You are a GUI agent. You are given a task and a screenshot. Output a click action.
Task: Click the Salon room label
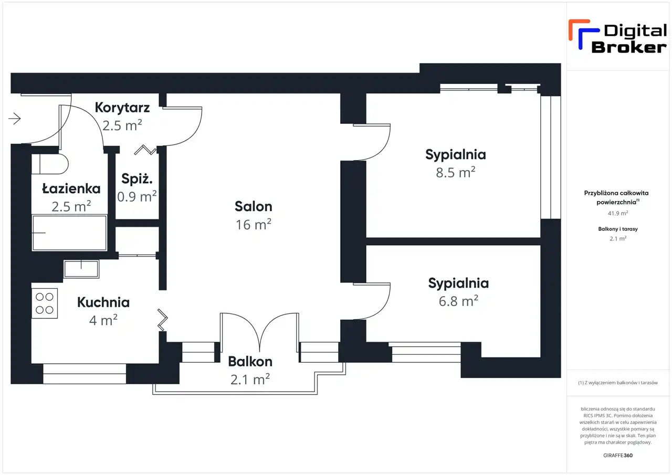[253, 206]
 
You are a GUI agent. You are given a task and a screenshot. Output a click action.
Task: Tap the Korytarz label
[122, 108]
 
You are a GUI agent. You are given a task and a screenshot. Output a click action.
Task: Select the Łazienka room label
[71, 188]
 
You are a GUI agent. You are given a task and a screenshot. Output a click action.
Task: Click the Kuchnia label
[103, 302]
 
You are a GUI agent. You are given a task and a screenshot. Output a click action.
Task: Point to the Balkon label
[250, 362]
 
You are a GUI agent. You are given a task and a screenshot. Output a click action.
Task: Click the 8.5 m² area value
[455, 172]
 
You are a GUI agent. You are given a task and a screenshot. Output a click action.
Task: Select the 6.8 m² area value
[458, 301]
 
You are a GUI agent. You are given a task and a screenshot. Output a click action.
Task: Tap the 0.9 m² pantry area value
[137, 197]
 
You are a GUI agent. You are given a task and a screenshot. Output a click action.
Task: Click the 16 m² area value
[253, 225]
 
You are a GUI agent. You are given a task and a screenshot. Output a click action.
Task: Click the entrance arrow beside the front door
[15, 119]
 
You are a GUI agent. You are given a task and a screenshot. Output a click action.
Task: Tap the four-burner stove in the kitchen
[44, 303]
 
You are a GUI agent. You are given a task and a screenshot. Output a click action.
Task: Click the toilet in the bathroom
[50, 164]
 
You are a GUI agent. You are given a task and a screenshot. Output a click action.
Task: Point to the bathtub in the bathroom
[69, 233]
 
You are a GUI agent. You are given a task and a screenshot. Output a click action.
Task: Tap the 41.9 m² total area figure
[617, 214]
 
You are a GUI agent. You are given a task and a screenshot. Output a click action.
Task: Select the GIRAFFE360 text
[618, 455]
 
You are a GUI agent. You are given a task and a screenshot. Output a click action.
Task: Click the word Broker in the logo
[629, 47]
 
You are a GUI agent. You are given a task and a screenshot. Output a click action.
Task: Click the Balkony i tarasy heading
[617, 229]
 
